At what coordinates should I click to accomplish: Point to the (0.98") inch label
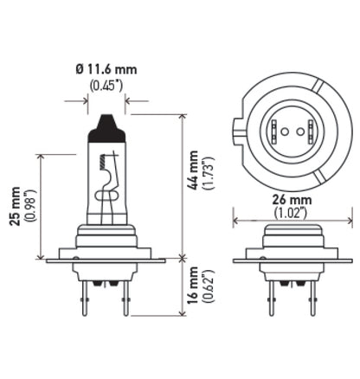coord(30,206)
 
